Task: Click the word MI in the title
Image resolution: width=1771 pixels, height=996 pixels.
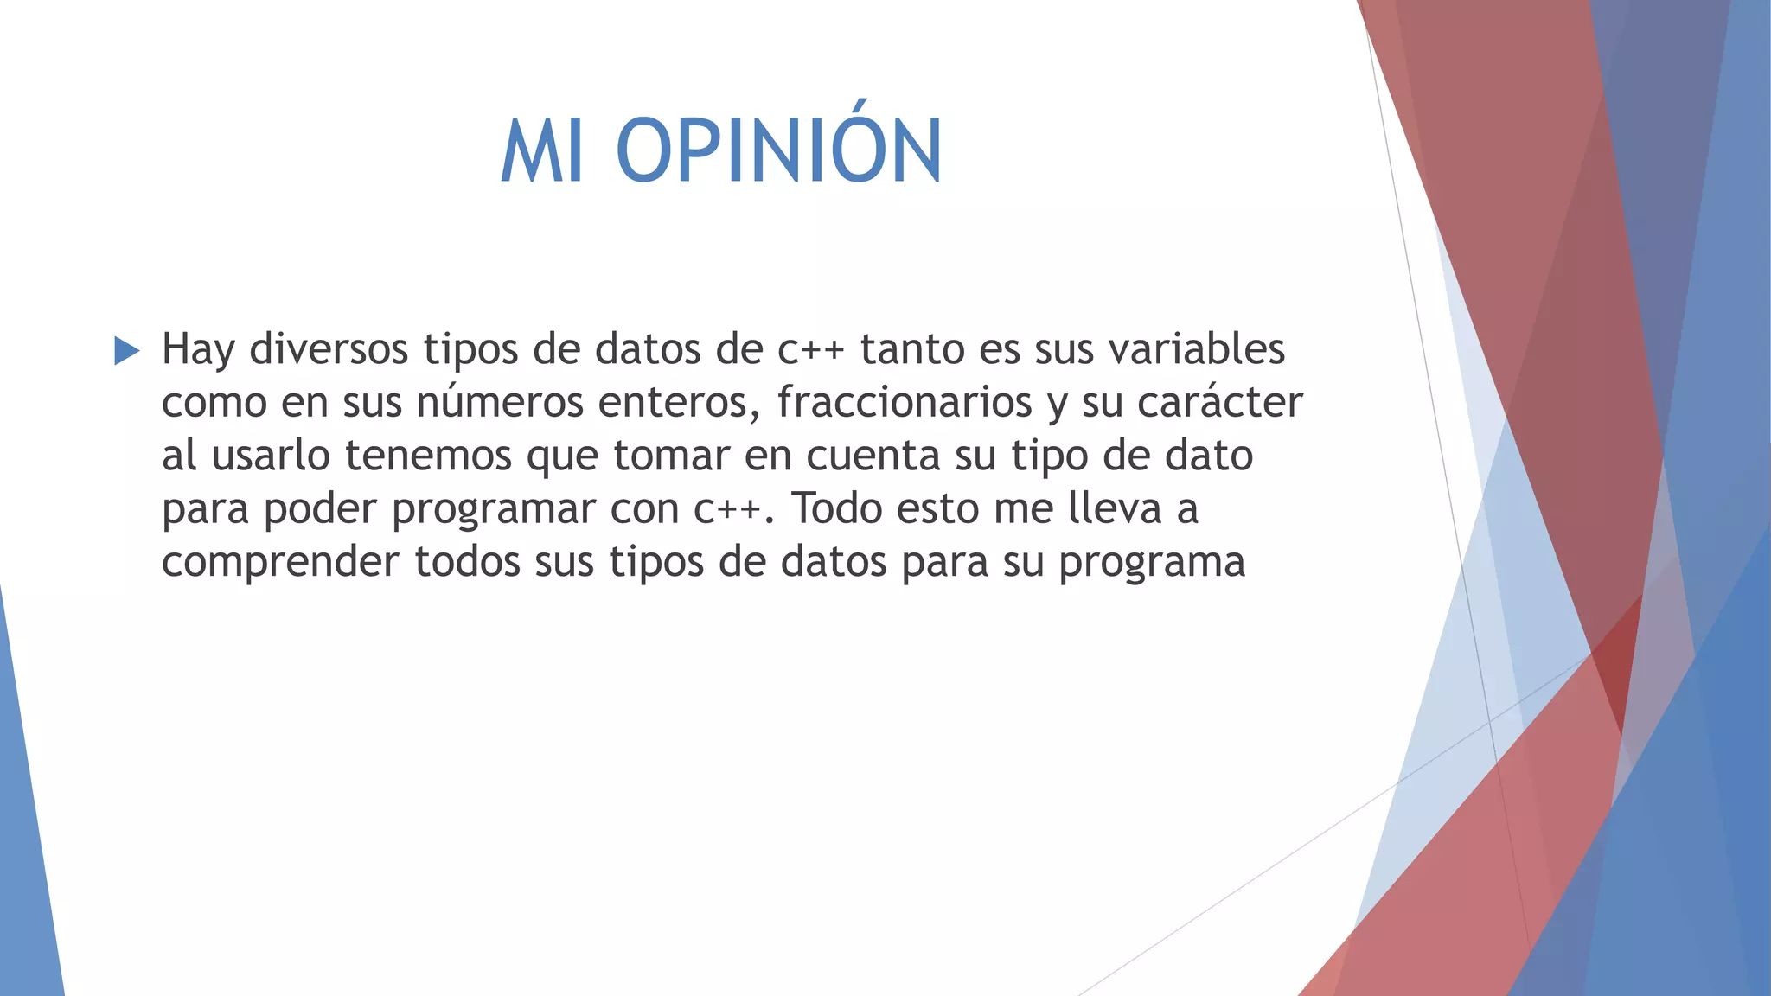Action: point(541,152)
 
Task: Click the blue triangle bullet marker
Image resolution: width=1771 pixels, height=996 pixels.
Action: point(126,351)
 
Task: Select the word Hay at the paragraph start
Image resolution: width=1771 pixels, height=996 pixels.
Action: point(198,350)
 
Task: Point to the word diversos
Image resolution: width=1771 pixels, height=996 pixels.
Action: point(329,349)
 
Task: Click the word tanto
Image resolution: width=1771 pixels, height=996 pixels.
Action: point(912,349)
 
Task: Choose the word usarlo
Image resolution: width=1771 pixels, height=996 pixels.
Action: point(271,456)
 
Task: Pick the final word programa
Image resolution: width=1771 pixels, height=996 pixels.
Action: point(1152,563)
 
